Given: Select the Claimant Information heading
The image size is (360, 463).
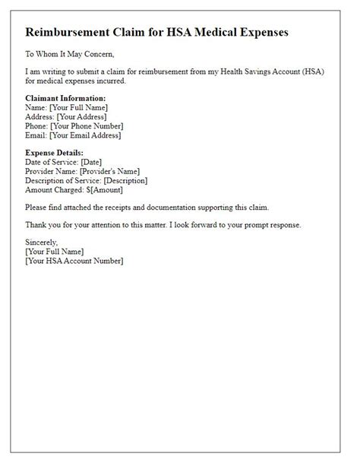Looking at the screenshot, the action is [65, 99].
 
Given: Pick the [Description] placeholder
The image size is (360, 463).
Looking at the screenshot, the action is [125, 180].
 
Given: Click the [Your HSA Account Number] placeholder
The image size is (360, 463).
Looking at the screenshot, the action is [74, 261].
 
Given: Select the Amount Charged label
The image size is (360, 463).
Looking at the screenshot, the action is [55, 189].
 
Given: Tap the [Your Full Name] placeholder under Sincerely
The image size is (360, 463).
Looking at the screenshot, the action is [55, 252].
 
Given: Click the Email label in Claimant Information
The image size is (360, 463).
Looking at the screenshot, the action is [36, 135].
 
